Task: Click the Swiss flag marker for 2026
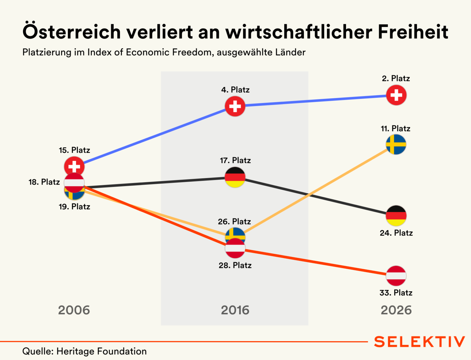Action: coord(396,95)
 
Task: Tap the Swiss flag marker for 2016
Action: coord(235,106)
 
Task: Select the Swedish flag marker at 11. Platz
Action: coord(396,144)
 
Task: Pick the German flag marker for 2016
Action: coord(235,177)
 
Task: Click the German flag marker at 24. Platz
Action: coord(396,215)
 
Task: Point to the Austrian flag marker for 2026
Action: coord(396,275)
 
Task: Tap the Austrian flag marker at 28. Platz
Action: coord(235,249)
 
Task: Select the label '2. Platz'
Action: coord(396,78)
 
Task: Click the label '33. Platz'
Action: coord(396,293)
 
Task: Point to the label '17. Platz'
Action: coord(235,160)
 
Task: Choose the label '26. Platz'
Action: coord(234,221)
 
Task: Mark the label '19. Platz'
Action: coord(74,206)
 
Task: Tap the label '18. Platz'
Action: coord(44,182)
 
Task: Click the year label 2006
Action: coord(74,310)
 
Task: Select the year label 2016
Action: coord(235,310)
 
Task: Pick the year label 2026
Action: coord(396,310)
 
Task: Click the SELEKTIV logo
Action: coord(419,342)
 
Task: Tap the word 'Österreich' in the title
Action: coord(72,32)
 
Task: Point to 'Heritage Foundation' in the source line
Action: coord(101,351)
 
